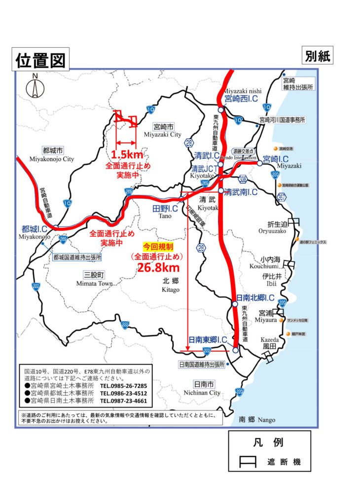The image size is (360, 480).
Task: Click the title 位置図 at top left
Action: [39, 60]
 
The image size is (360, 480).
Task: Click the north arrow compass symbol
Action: [35, 88]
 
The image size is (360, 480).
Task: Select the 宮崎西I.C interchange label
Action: [241, 99]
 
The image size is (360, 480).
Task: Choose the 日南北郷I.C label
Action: [255, 298]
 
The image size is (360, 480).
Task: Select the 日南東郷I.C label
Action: [208, 339]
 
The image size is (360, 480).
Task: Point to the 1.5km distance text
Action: [127, 153]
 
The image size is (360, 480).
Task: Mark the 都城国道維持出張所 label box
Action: [77, 257]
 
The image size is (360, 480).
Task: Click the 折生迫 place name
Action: [273, 223]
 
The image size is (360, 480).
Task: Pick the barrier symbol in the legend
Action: [246, 462]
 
